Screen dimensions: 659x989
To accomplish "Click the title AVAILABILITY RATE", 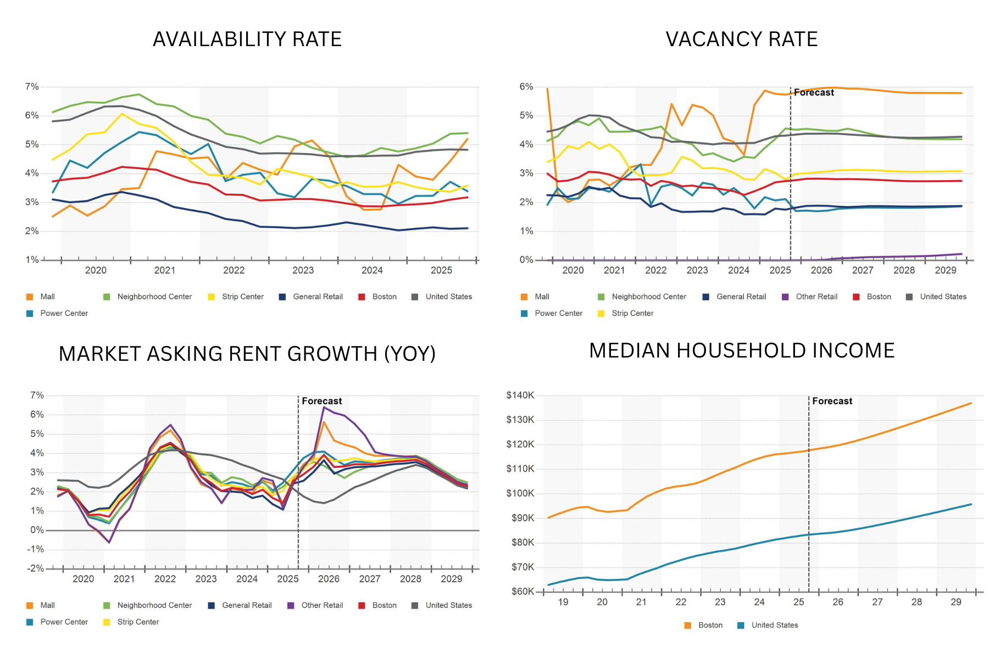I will point(247,40).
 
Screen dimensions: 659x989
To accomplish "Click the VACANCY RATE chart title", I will point(742,40).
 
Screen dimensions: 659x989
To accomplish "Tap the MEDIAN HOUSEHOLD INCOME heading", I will point(742,350).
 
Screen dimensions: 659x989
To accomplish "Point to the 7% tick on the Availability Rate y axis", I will point(32,87).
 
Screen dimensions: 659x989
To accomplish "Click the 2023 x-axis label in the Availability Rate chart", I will point(303,270).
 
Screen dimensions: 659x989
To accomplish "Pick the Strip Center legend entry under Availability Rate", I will point(242,297).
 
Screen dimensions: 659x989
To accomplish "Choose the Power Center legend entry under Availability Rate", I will point(64,313).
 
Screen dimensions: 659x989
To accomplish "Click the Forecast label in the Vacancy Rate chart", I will point(814,92).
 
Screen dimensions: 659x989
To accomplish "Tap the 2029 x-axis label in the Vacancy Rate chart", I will point(946,270).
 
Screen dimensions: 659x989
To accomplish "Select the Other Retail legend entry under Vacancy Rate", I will point(816,297).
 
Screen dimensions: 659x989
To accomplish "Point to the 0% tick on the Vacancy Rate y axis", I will point(526,260).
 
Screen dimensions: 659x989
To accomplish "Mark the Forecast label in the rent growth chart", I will point(321,401).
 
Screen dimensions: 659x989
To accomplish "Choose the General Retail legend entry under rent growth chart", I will point(247,605).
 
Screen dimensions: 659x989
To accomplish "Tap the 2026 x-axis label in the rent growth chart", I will point(329,579).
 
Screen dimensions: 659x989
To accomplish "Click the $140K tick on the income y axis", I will point(520,395).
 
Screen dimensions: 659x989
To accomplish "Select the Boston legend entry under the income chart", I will point(710,625).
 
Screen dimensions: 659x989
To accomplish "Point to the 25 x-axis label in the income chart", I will point(798,602).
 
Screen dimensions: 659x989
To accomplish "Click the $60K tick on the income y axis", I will point(523,591).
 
